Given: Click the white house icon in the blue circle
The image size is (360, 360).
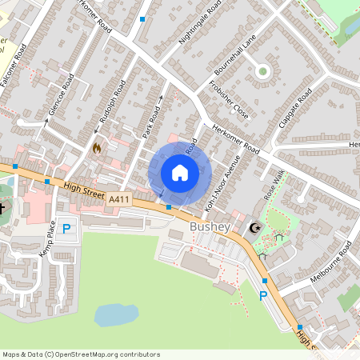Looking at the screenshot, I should pyautogui.click(x=180, y=173).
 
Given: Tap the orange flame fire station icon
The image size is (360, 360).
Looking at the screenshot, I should pyautogui.click(x=97, y=148).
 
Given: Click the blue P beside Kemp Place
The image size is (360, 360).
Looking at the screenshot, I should pyautogui.click(x=66, y=229).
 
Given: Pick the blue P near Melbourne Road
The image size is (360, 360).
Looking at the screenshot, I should pyautogui.click(x=263, y=296).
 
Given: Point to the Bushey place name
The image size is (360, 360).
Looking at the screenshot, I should pyautogui.click(x=210, y=227).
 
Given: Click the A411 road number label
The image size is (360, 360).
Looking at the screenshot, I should pyautogui.click(x=118, y=198).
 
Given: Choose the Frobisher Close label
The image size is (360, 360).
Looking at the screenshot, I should pyautogui.click(x=230, y=100).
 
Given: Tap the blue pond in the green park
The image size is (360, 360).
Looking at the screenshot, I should pyautogui.click(x=116, y=314).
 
